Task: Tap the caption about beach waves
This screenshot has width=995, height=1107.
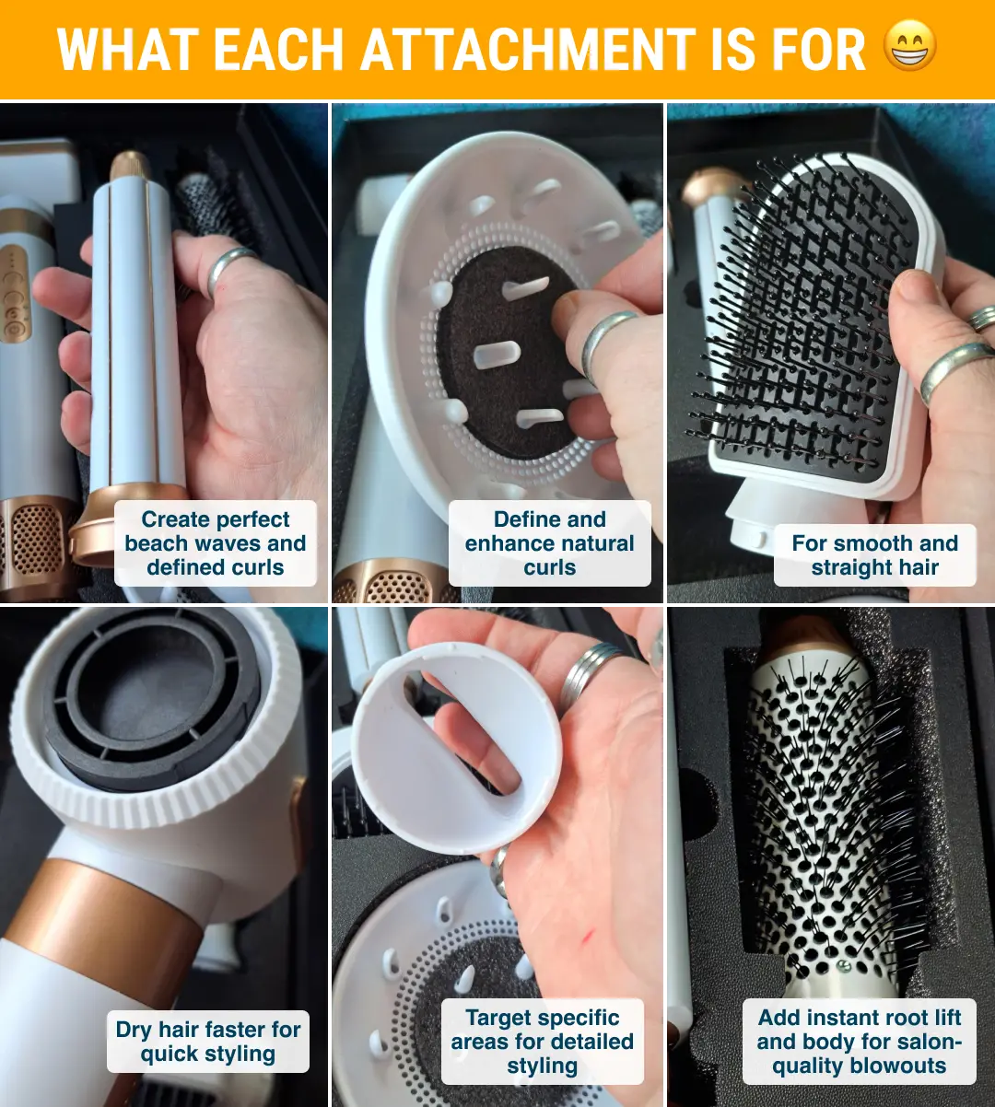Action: click(x=216, y=543)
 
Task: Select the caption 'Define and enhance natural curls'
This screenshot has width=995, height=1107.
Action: click(x=549, y=543)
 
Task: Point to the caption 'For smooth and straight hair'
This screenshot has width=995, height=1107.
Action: click(x=874, y=555)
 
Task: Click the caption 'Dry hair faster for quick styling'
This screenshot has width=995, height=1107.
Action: click(x=207, y=1042)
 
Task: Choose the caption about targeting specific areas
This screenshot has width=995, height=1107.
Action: click(x=543, y=1042)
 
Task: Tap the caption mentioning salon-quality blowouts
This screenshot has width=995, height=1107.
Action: click(x=859, y=1042)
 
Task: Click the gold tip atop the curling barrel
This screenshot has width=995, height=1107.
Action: click(x=130, y=165)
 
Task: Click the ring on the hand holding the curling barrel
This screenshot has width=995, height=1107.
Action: click(x=228, y=269)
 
